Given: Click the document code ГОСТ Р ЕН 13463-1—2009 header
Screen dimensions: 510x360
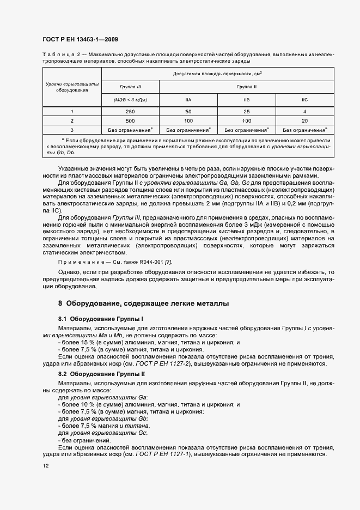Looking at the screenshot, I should [x=80, y=40].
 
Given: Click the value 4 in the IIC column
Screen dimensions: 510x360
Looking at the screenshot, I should [x=304, y=111].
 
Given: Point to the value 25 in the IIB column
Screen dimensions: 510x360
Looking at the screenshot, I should [x=246, y=111].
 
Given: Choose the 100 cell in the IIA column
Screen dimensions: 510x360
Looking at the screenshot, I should [x=188, y=120].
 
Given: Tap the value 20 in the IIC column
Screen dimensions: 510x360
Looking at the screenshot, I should [x=304, y=120].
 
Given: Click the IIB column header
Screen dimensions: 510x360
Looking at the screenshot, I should [x=246, y=100].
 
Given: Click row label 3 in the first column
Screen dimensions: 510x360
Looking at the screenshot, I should [x=71, y=130].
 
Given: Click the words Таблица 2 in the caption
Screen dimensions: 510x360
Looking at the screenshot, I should [x=60, y=55].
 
